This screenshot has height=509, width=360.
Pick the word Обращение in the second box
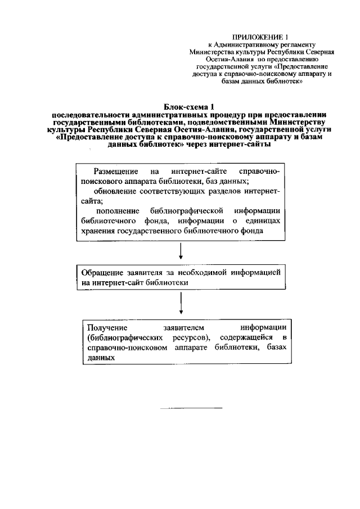tap(101, 272)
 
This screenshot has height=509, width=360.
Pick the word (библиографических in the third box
tap(123, 337)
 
